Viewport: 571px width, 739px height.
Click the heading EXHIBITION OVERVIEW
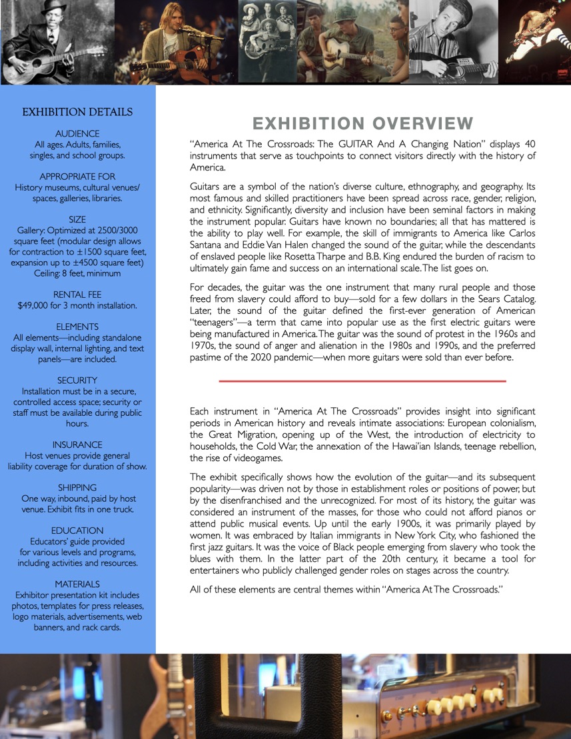[362, 124]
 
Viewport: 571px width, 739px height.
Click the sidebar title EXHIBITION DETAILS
[77, 112]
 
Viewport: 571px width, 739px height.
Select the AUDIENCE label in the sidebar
[77, 134]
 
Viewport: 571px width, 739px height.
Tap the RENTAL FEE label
[77, 295]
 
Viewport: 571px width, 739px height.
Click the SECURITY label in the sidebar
[77, 380]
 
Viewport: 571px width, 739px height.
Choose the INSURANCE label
[77, 444]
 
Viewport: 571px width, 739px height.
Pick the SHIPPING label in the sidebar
[77, 488]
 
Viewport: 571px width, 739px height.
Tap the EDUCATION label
[77, 530]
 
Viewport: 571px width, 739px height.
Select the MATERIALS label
[77, 584]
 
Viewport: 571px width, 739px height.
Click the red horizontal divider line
[362, 381]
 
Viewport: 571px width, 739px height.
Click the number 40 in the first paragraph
[529, 145]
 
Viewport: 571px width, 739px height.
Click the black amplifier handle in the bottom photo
[267, 700]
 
